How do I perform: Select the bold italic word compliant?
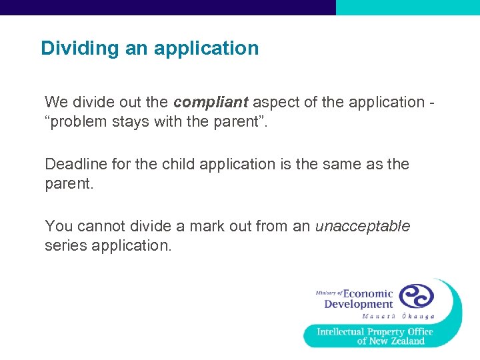pyautogui.click(x=210, y=102)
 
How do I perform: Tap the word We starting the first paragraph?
pyautogui.click(x=56, y=102)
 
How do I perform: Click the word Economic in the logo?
pyautogui.click(x=368, y=293)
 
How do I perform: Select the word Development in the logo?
pyautogui.click(x=358, y=305)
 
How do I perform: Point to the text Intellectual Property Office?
pyautogui.click(x=375, y=331)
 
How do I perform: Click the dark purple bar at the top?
pyautogui.click(x=167, y=7)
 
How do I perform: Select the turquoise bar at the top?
pyautogui.click(x=407, y=7)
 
